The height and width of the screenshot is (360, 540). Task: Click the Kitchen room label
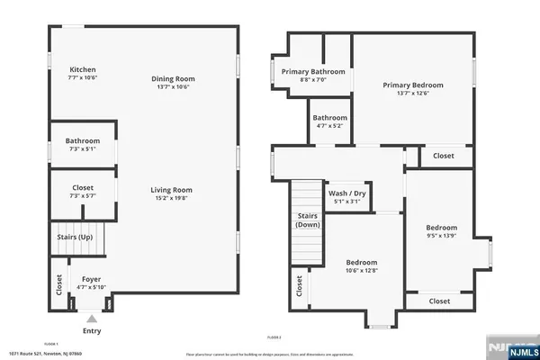83,70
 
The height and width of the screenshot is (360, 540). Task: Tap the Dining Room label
173,79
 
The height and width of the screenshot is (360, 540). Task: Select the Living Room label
171,190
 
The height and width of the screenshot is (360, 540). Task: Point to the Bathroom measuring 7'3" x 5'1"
82,145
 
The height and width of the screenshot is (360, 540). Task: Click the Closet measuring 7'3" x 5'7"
82,190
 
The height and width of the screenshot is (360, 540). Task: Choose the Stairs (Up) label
75,238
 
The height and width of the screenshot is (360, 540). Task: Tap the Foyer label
90,279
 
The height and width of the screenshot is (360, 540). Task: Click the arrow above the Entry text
91,318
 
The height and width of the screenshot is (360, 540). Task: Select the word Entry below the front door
91,331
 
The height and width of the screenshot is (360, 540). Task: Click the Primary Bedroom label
413,85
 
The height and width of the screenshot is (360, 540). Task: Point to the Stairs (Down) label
307,220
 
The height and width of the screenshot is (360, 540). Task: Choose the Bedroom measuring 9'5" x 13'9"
441,232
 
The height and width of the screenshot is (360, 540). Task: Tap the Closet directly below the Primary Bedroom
444,156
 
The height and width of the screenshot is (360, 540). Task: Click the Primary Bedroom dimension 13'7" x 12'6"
413,95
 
